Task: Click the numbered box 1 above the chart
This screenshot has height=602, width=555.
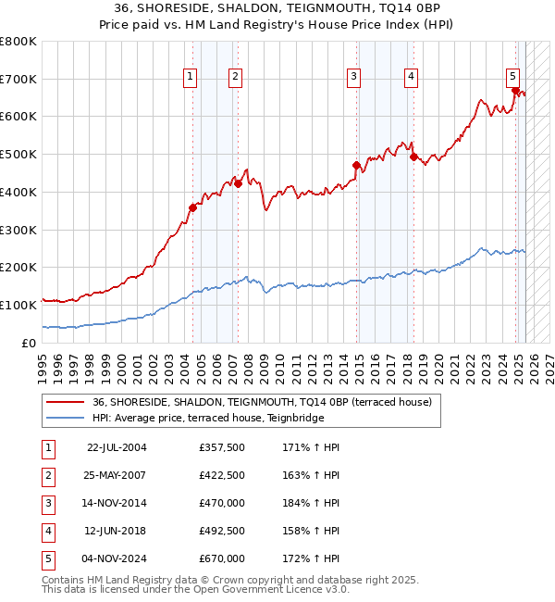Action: click(x=190, y=77)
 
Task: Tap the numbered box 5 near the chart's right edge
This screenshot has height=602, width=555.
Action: click(x=512, y=77)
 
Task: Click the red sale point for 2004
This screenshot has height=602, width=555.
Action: click(x=193, y=208)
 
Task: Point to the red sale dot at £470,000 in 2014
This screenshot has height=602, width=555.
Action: click(x=356, y=166)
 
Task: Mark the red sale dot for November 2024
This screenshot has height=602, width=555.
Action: click(x=515, y=91)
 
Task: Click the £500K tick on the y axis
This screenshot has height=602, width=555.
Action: click(x=18, y=155)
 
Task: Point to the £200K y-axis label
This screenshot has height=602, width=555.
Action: click(x=18, y=268)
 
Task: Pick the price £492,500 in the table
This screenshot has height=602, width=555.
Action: click(x=222, y=531)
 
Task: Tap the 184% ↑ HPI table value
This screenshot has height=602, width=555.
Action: click(x=314, y=503)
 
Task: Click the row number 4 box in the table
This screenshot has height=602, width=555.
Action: click(x=46, y=531)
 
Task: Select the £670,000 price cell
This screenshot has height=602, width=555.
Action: click(x=222, y=558)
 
